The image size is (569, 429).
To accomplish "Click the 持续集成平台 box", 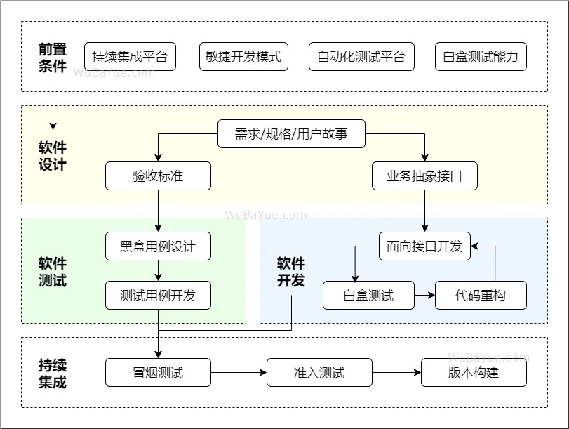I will tap(130, 57).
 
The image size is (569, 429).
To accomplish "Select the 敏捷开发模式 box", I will tap(243, 57).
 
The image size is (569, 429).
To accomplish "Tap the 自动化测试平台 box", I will tap(361, 57).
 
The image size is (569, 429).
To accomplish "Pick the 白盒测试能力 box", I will tap(481, 57).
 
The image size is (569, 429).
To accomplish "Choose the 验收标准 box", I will tap(158, 176).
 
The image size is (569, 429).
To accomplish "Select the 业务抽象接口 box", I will tap(424, 176).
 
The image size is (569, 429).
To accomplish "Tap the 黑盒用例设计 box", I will tap(158, 246).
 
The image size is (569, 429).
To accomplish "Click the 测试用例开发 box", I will tap(158, 296).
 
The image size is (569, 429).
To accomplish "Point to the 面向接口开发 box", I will tap(424, 246).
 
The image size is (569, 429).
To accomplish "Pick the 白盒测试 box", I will tap(368, 296).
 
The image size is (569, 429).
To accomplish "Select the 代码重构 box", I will tap(481, 296).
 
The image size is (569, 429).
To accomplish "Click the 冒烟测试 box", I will tap(158, 373).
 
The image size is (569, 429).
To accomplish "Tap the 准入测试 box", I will tap(319, 373).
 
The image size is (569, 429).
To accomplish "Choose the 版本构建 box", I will tap(474, 373).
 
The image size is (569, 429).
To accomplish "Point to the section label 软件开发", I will tap(291, 272).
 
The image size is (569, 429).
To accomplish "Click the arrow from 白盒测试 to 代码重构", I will tap(424, 296).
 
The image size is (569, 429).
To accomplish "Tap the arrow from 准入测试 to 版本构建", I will tap(396, 373).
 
